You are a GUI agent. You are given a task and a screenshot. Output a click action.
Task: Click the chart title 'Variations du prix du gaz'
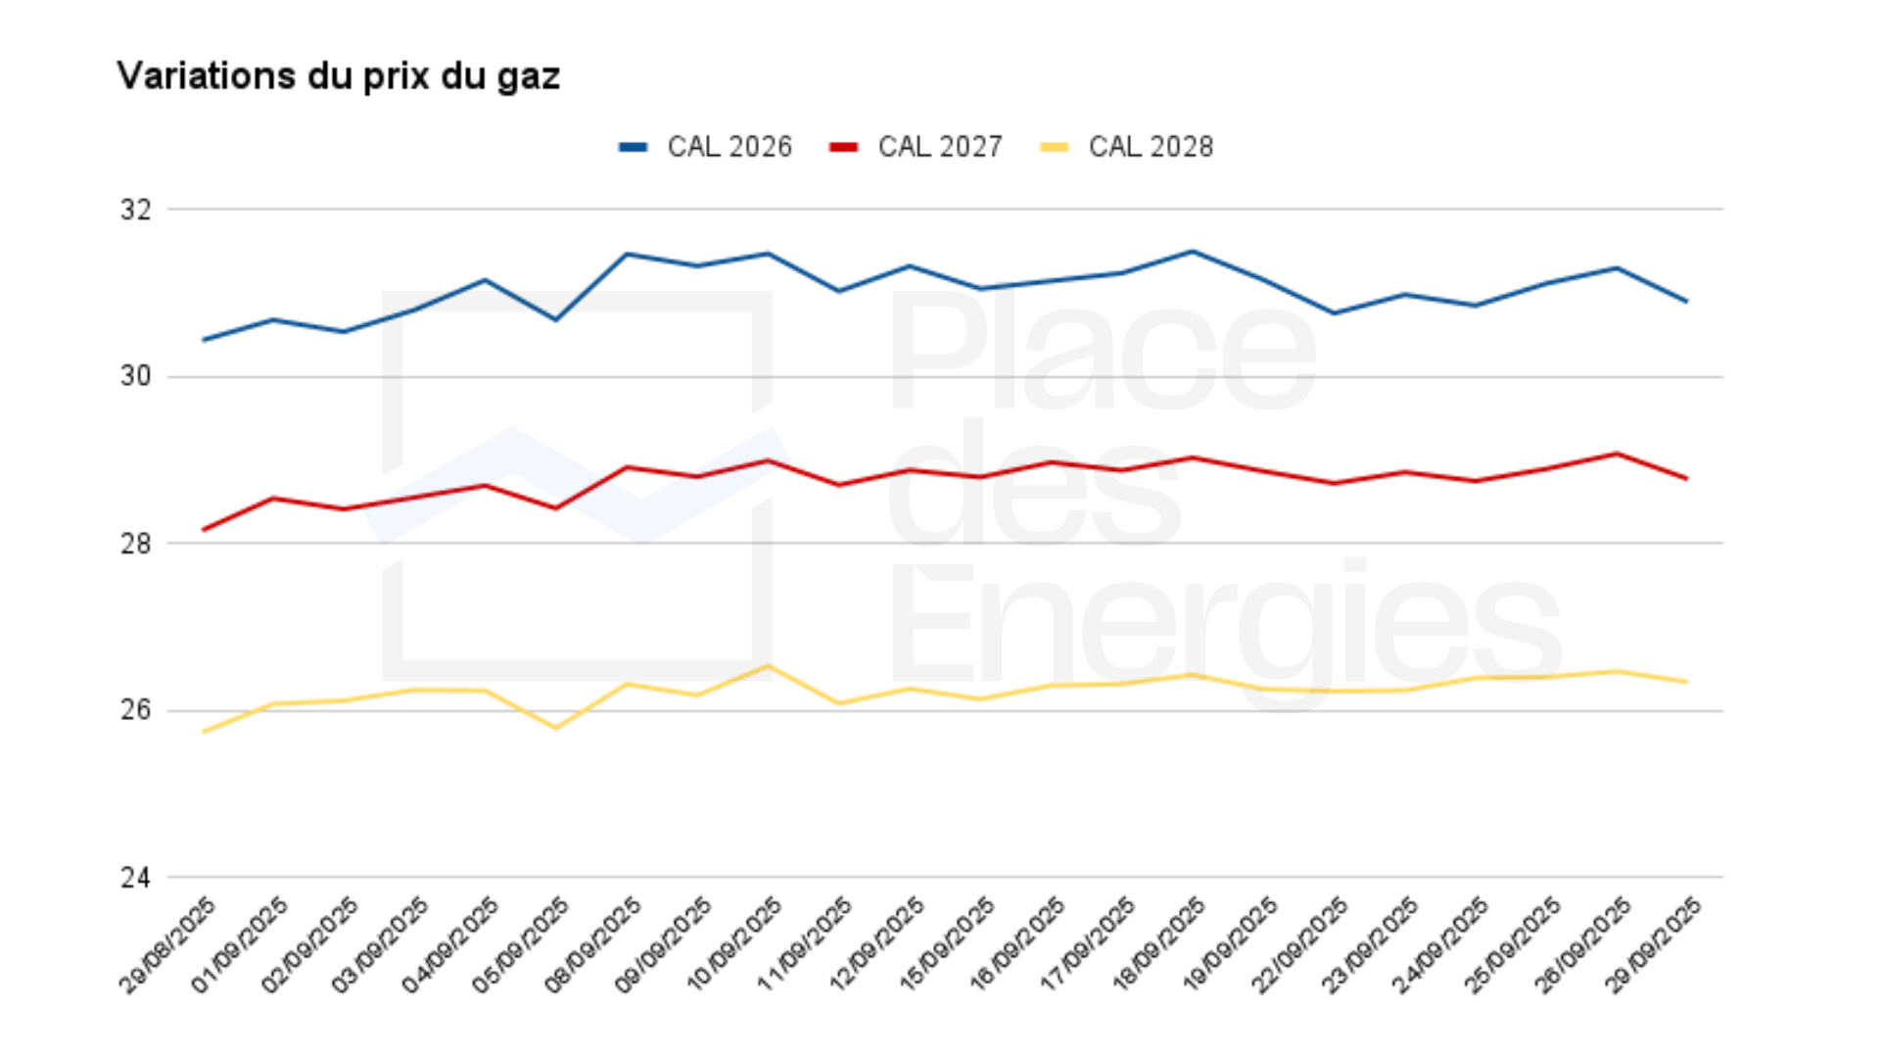point(338,76)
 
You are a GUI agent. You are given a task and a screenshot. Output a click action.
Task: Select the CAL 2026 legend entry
point(706,147)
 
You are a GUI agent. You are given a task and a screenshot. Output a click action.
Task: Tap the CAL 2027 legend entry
point(916,147)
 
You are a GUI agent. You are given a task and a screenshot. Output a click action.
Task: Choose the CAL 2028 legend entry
point(1127,147)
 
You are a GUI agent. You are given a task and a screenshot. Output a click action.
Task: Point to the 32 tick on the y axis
point(136,210)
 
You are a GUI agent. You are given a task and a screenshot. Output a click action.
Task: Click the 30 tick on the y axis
point(136,376)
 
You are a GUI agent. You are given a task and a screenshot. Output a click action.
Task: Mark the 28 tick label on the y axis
point(136,544)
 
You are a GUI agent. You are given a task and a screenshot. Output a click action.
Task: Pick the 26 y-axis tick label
point(136,710)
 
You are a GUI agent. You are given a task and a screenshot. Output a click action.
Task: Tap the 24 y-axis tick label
point(136,878)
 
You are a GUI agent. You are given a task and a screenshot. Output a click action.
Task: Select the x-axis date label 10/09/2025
point(735,945)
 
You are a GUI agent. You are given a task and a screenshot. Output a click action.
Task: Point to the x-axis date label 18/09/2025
point(1160,945)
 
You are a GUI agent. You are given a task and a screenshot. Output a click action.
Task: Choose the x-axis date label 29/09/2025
point(1655,945)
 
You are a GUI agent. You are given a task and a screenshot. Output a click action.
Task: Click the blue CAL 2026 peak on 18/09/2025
point(1192,252)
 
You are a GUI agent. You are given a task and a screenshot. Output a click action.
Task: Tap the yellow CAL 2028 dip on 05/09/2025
point(556,728)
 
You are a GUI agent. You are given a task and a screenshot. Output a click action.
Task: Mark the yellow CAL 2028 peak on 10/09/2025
point(769,666)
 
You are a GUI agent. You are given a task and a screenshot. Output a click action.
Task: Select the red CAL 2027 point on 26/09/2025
point(1617,454)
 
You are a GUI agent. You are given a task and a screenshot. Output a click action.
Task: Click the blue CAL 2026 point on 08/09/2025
point(627,255)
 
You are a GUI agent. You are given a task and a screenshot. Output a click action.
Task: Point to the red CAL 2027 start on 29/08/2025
point(204,530)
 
